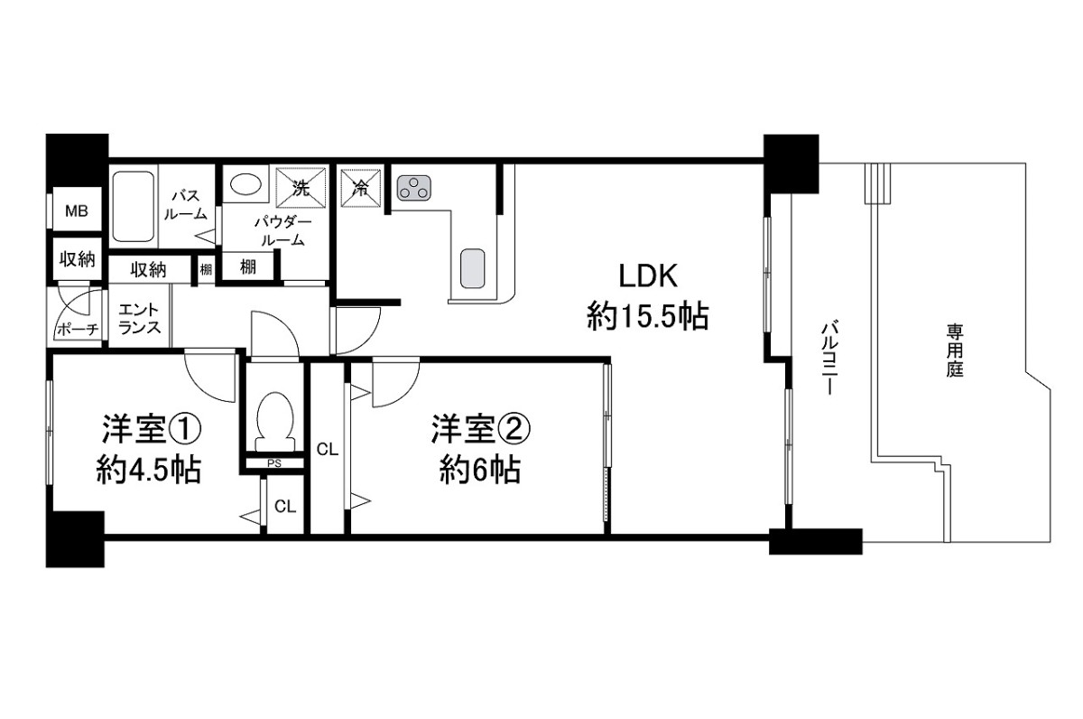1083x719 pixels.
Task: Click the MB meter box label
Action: (x=77, y=211)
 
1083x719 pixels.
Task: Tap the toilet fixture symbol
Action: (x=275, y=421)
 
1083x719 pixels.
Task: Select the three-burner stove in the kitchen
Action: (x=414, y=188)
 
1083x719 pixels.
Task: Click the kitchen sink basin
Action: (x=472, y=268)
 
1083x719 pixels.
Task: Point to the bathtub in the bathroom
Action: (x=134, y=207)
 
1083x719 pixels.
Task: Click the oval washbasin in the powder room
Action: (x=245, y=184)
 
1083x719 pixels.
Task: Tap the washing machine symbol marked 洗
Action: (x=301, y=188)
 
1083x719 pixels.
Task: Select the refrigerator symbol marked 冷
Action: (x=361, y=188)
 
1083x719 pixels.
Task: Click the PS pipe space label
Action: (x=274, y=463)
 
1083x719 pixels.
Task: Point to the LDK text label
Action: (x=648, y=276)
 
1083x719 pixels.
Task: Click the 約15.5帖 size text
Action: (x=648, y=316)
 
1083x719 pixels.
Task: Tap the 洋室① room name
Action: (x=151, y=429)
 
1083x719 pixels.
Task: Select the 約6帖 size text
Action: (x=480, y=470)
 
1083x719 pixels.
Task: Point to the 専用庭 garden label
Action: (x=955, y=350)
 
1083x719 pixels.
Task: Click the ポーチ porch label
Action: (x=78, y=330)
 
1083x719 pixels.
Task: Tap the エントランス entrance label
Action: (x=139, y=318)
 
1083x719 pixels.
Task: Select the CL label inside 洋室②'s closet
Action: (x=328, y=450)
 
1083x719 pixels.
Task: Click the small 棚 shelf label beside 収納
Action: (x=206, y=269)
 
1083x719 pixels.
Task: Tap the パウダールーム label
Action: (x=282, y=232)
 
